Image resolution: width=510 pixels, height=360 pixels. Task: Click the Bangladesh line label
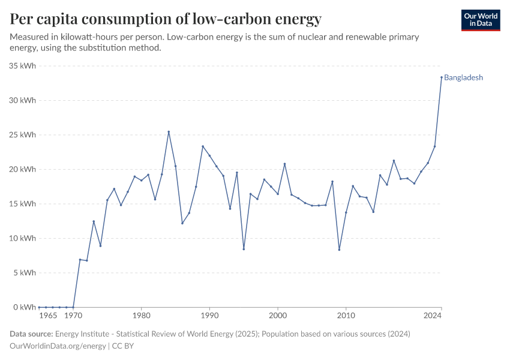(x=463, y=77)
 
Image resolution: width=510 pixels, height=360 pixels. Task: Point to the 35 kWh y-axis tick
(x=23, y=66)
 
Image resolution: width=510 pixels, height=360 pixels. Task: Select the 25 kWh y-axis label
(x=23, y=135)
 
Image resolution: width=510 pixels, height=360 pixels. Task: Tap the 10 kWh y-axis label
(x=23, y=238)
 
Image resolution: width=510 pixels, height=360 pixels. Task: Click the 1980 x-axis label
(x=141, y=315)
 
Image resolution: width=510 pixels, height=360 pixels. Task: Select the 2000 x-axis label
(x=278, y=315)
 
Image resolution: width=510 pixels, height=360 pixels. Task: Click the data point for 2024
(x=442, y=77)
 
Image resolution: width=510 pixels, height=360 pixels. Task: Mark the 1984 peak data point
(x=169, y=132)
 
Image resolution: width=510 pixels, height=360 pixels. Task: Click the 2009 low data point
(x=339, y=250)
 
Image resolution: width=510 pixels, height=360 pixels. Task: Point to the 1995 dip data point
(x=244, y=249)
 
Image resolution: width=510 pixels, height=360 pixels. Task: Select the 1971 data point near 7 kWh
(x=80, y=259)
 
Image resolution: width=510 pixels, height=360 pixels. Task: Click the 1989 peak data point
(x=203, y=146)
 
